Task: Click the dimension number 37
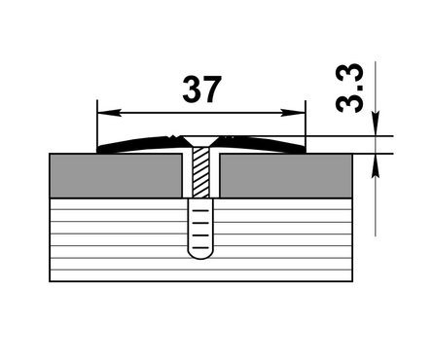[202, 89]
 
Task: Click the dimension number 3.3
[348, 88]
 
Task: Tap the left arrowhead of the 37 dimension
[109, 113]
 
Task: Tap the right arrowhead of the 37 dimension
[293, 113]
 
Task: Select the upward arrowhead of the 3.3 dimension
[376, 166]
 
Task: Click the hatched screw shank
[201, 172]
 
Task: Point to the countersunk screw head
[201, 141]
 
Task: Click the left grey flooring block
[116, 175]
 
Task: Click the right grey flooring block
[286, 175]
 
